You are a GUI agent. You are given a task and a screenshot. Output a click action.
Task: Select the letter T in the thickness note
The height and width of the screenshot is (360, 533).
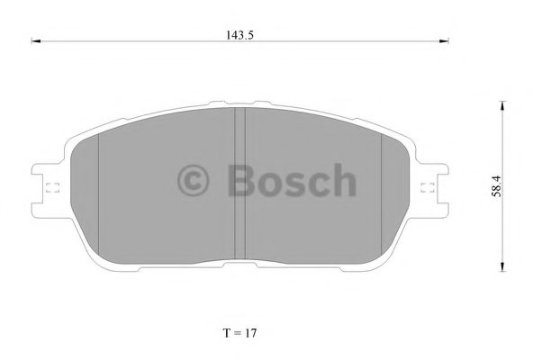tap(225, 333)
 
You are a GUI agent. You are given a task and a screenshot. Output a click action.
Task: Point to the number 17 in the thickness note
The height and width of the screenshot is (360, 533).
tap(254, 333)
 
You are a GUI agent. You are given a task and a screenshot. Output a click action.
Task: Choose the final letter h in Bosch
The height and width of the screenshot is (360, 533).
tap(343, 181)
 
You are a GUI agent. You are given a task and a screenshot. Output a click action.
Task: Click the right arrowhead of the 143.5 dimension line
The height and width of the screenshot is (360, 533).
tap(449, 40)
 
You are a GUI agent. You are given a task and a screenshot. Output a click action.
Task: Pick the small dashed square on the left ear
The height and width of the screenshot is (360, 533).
tap(50, 188)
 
